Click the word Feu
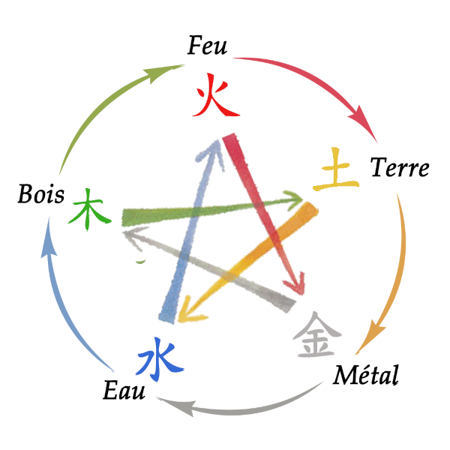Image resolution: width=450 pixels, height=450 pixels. [x=208, y=47]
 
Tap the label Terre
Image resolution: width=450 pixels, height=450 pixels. [x=399, y=168]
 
